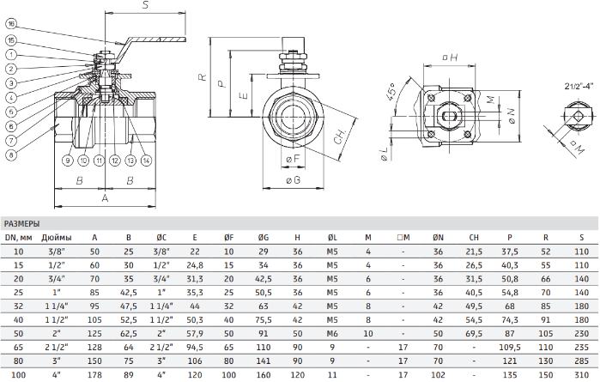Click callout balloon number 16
[11, 24]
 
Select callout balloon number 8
[11, 155]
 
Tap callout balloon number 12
[115, 161]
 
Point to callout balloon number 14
[146, 161]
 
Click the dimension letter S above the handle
[145, 5]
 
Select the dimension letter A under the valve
[105, 198]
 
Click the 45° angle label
[391, 92]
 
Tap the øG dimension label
[293, 180]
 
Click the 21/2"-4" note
[579, 86]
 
